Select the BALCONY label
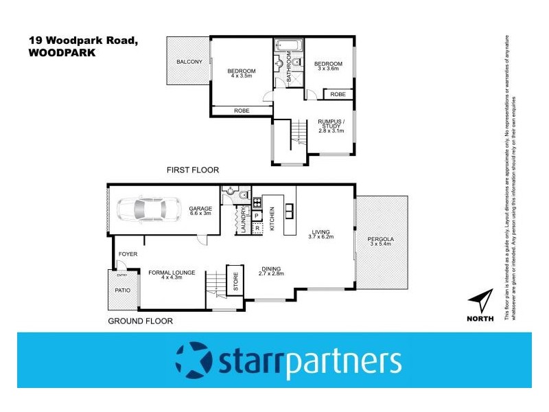tap(189, 62)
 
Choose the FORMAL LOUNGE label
tap(172, 273)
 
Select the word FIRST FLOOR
tap(193, 170)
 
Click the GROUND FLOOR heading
tap(141, 321)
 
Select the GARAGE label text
tap(200, 209)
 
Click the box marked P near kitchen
tap(257, 216)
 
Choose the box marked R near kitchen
tap(257, 228)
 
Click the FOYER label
tap(128, 254)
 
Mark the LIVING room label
tap(320, 232)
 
